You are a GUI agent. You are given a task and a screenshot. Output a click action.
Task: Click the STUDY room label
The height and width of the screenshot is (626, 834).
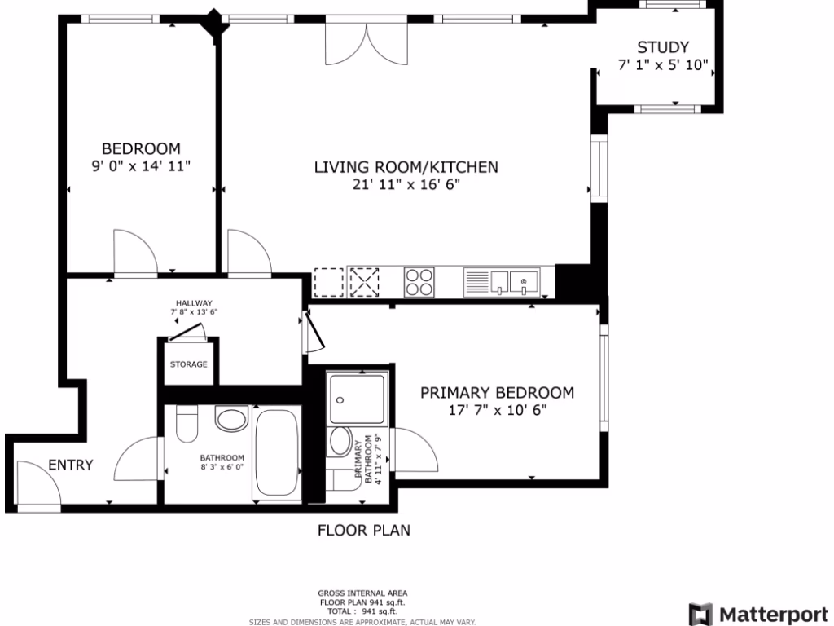click(x=663, y=47)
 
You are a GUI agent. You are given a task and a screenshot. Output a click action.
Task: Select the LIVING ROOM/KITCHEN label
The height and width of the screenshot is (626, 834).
click(x=406, y=167)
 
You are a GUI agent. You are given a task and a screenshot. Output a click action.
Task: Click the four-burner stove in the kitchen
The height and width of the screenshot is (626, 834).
click(x=419, y=282)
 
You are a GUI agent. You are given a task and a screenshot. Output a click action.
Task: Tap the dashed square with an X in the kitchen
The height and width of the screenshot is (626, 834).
click(x=364, y=283)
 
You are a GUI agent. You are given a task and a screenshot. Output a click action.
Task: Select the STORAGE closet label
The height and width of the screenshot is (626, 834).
click(x=188, y=364)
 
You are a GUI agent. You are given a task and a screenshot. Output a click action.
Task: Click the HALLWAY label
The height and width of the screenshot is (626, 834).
click(x=194, y=302)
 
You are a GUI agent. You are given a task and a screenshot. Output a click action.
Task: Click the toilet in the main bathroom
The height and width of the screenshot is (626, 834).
click(x=187, y=425)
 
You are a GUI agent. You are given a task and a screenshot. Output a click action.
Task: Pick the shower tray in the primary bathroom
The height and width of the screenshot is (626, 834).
click(x=358, y=399)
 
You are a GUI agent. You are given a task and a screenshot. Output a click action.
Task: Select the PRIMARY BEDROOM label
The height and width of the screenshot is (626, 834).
click(x=497, y=393)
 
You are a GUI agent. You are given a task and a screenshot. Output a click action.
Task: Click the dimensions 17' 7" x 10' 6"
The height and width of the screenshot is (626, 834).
click(x=497, y=411)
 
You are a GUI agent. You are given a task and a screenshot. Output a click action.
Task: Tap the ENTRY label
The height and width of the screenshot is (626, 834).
click(x=70, y=465)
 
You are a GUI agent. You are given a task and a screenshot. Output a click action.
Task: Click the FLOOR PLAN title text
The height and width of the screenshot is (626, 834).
click(x=363, y=531)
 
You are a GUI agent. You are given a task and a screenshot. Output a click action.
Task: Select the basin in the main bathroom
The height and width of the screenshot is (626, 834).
click(x=231, y=420)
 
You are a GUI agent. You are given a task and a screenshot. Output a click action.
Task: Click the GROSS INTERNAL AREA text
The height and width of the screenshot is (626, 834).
click(x=362, y=593)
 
